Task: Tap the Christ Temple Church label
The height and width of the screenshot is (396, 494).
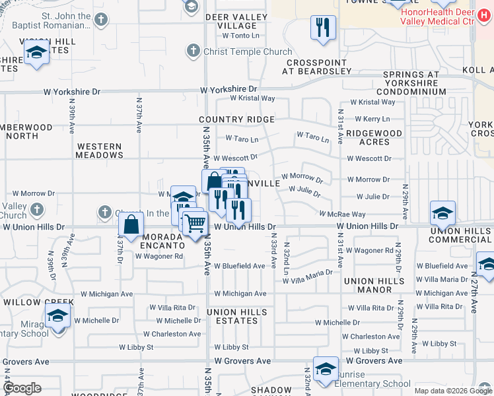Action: tap(248, 51)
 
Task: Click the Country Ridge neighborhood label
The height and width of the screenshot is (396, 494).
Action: tap(236, 119)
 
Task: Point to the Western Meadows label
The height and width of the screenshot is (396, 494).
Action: tap(100, 150)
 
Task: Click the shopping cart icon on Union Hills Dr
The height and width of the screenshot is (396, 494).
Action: tap(194, 224)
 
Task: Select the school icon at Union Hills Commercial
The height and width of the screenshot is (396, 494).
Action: tap(442, 213)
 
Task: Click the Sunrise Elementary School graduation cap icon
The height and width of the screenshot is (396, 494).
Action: tap(326, 368)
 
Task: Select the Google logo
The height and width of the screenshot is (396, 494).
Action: tap(22, 388)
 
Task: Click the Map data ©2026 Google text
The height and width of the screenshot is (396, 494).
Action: tap(452, 391)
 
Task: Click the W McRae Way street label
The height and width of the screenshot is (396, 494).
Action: tap(342, 214)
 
